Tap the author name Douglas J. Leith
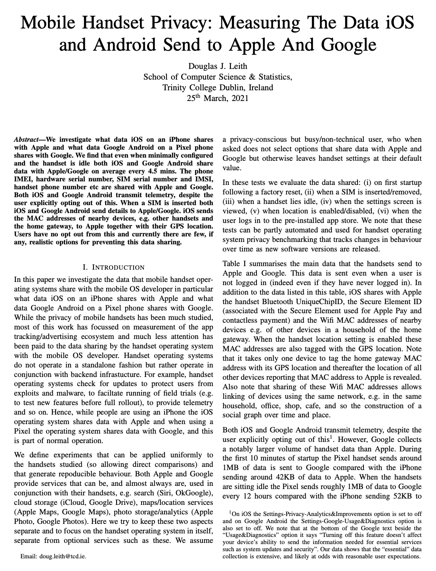coord(218,66)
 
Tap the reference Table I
coord(237,264)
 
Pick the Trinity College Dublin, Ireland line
coord(218,88)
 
